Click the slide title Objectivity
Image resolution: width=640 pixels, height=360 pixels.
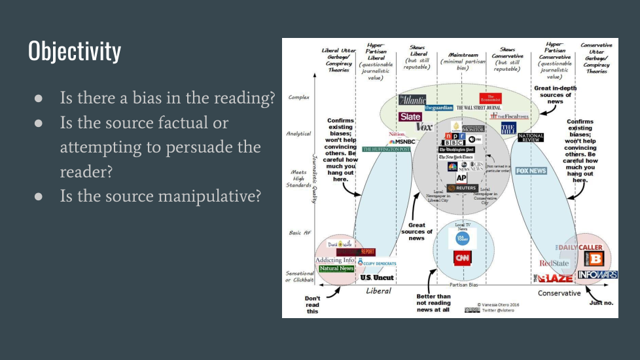click(75, 51)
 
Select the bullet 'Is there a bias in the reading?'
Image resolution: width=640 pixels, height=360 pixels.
click(167, 98)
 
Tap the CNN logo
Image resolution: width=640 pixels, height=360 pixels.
click(463, 259)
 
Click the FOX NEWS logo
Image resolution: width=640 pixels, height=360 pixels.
click(531, 171)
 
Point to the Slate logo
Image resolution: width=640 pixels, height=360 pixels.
click(410, 117)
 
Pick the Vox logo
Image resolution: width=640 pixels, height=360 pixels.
click(425, 126)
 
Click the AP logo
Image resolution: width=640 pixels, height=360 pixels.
click(461, 178)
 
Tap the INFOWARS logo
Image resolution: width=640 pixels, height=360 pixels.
click(597, 274)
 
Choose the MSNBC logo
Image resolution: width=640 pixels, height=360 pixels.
click(402, 141)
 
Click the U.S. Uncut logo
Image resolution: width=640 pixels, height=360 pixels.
click(378, 278)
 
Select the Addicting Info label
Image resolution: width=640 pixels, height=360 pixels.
click(334, 260)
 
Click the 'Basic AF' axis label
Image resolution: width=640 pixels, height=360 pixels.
click(298, 232)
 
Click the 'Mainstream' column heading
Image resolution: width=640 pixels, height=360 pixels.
click(463, 56)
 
